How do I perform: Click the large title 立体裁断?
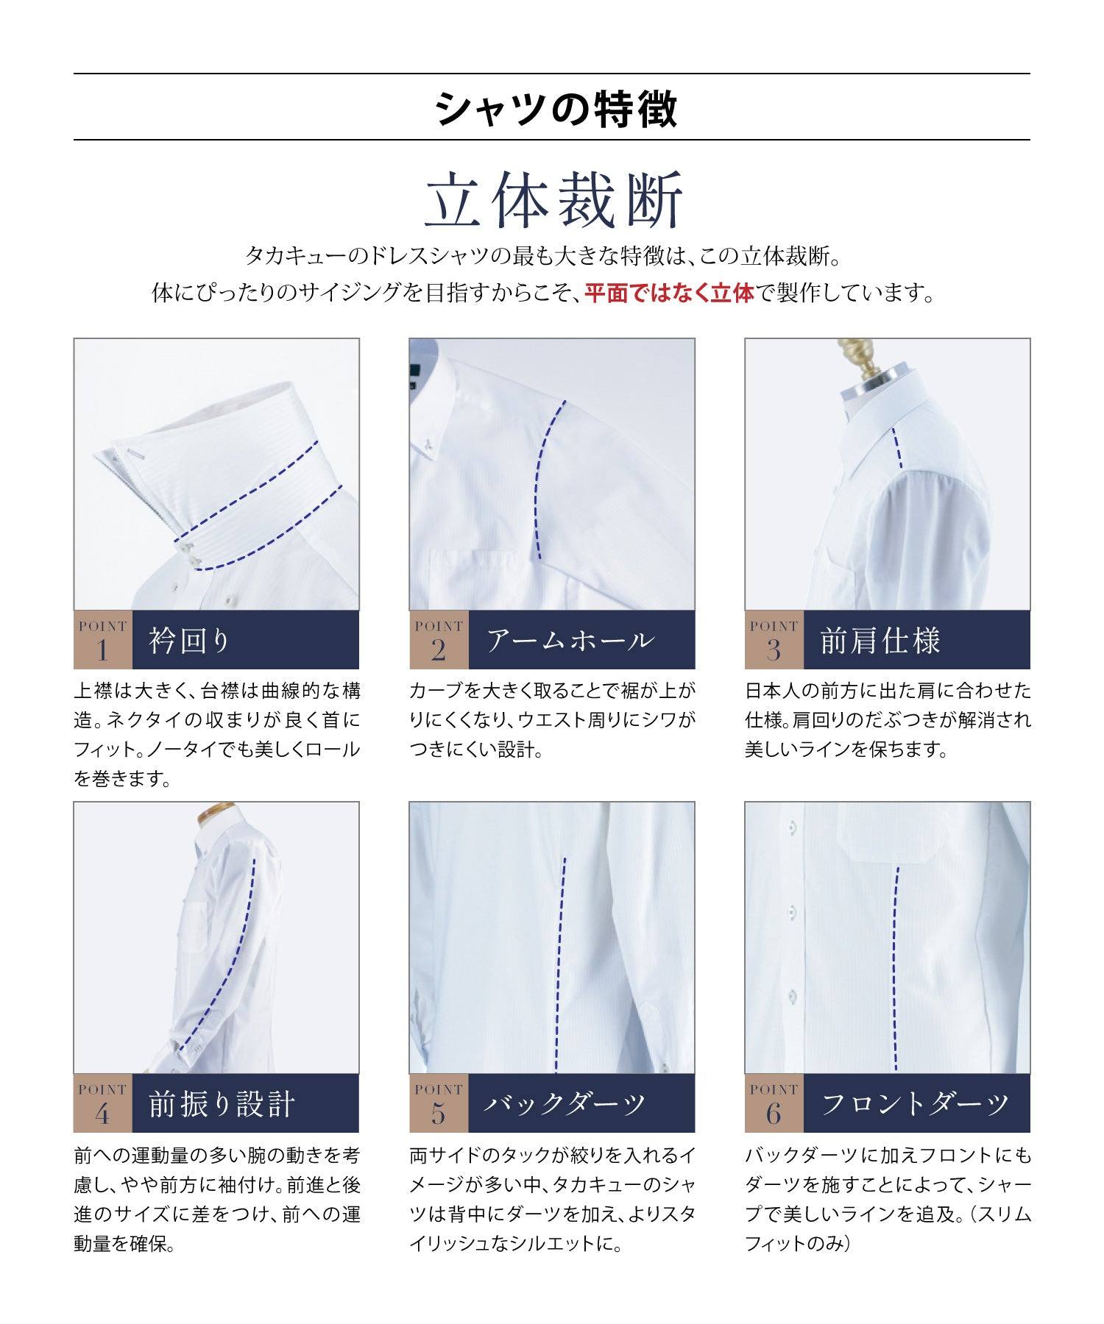(554, 199)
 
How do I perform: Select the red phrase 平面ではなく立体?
(669, 293)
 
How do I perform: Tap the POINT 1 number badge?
(102, 640)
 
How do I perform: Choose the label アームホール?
(570, 640)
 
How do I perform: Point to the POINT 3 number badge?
(774, 640)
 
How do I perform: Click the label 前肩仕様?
(880, 640)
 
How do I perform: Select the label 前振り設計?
(222, 1103)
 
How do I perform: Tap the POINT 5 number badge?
(438, 1103)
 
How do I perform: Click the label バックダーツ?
(565, 1103)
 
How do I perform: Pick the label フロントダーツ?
(914, 1103)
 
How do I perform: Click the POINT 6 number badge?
(774, 1103)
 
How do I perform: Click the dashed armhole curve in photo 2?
(538, 478)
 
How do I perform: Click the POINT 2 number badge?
(438, 640)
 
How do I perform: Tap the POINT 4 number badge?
(102, 1103)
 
